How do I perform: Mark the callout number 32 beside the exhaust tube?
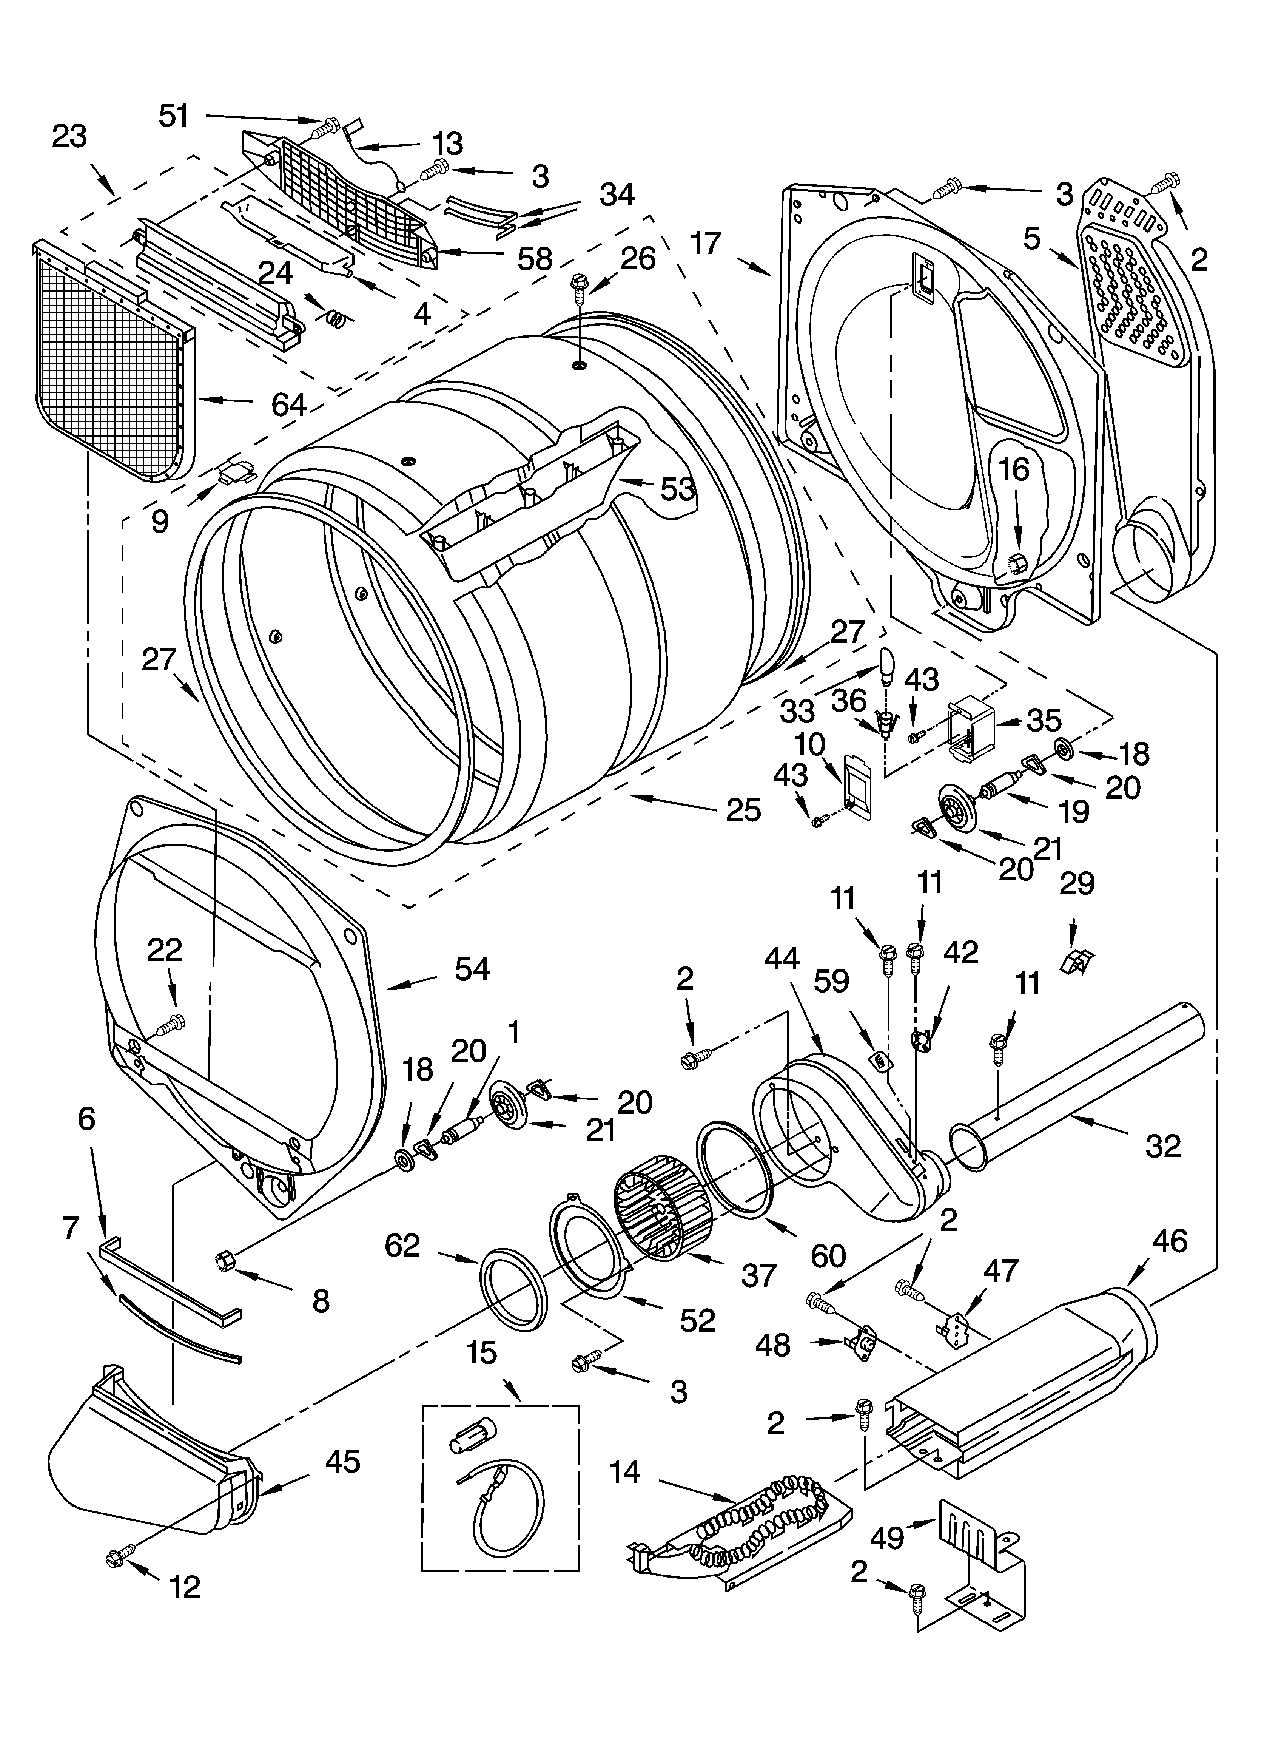(x=1162, y=1146)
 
